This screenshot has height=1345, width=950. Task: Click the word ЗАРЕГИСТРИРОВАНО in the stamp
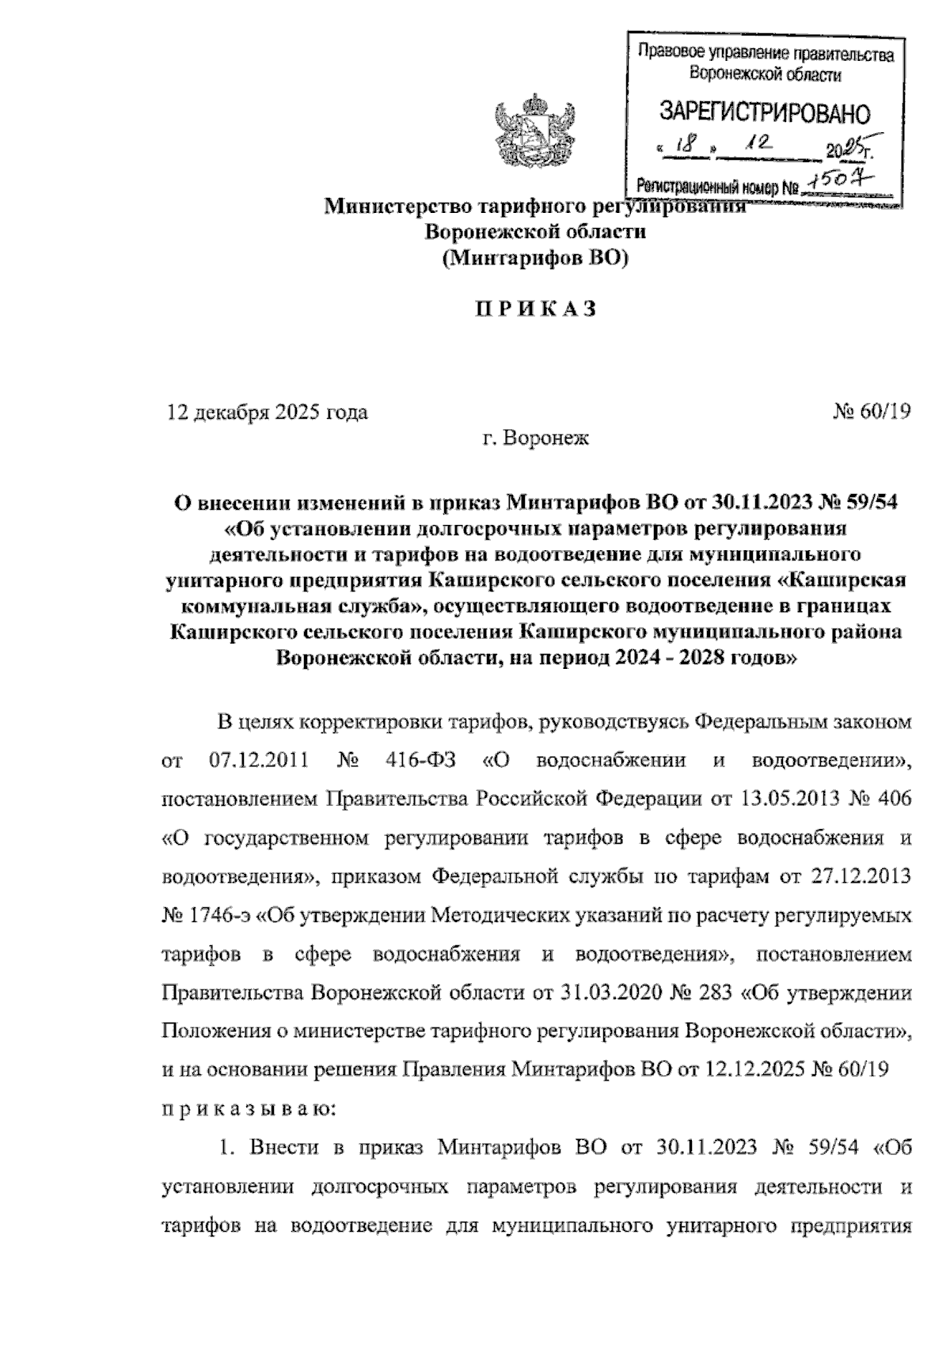(764, 113)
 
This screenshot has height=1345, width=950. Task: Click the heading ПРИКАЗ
(534, 310)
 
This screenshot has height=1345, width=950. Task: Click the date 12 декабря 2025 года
(267, 412)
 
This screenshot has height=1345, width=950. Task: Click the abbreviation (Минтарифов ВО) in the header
(534, 257)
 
